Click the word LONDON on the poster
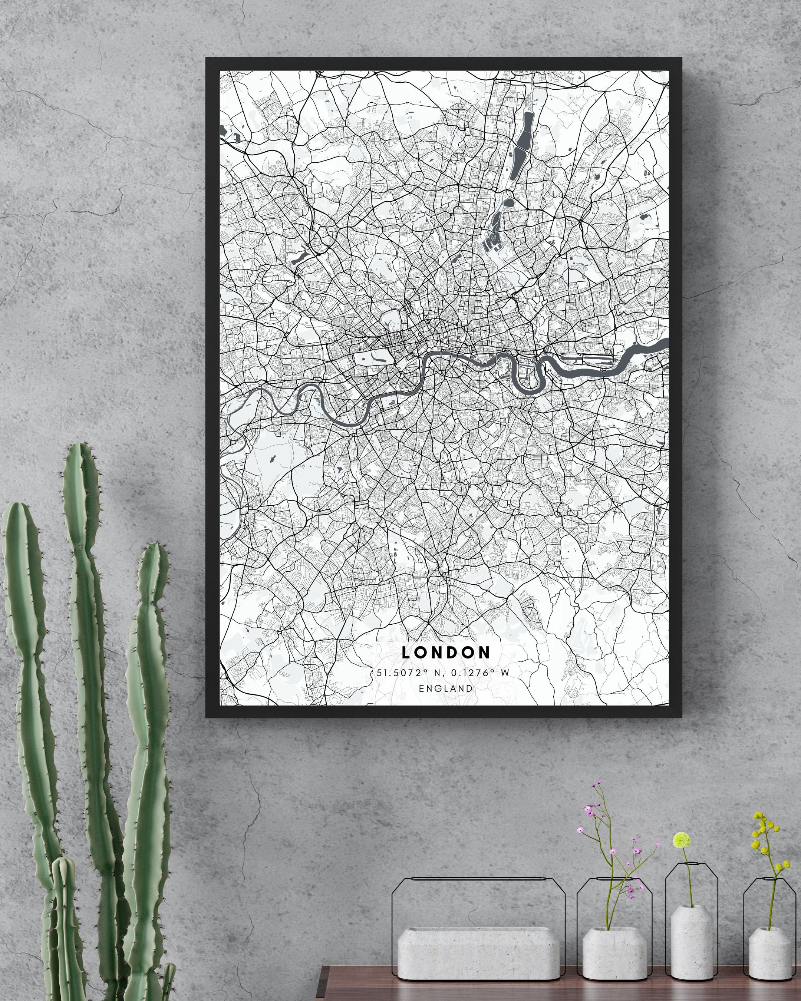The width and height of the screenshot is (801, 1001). coord(445,653)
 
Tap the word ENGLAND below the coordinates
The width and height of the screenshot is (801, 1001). coord(445,688)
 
